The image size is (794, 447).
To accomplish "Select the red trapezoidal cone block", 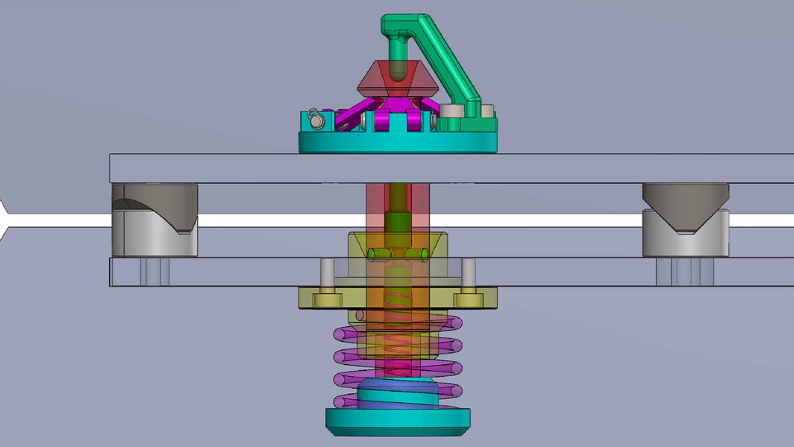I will coord(372,80).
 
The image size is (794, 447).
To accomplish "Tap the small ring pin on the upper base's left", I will coord(315,120).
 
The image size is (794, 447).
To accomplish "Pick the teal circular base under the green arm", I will coord(397,142).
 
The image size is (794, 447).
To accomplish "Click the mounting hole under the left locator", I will coord(154,272).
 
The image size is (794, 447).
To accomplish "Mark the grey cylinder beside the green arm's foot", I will coord(452,111).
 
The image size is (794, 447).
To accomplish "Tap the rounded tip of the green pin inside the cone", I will coord(399,74).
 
